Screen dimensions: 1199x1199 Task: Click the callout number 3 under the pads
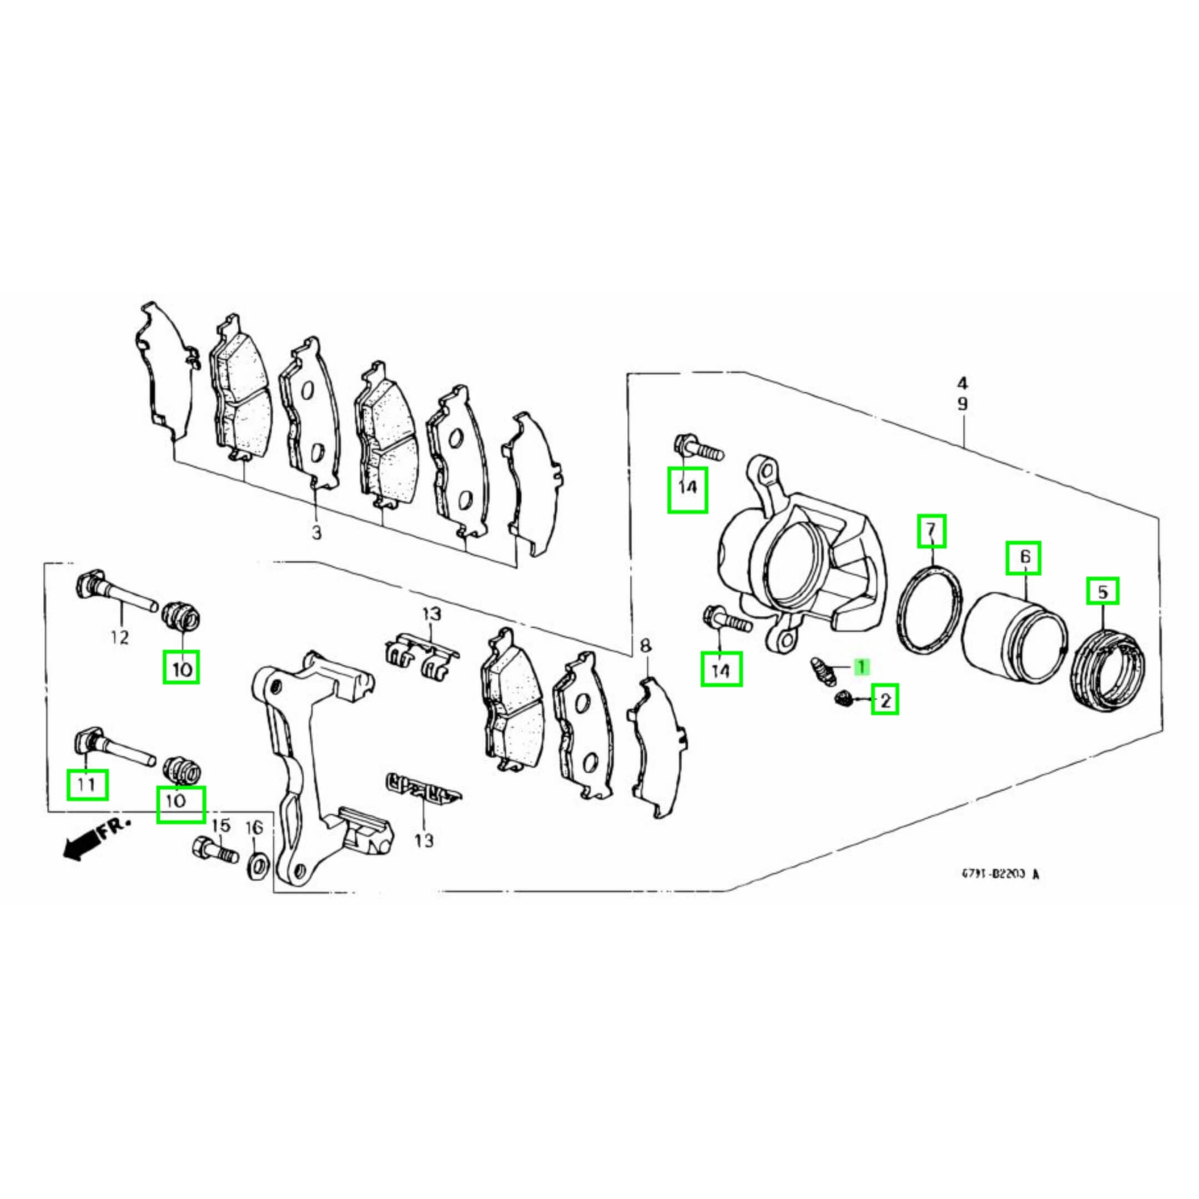pos(316,532)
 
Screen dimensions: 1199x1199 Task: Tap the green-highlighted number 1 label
pos(862,667)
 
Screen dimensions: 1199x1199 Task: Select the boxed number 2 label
pos(884,701)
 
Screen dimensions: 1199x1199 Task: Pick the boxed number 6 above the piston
pos(1024,557)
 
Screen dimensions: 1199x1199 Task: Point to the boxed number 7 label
pos(931,531)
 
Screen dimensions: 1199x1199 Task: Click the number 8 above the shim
pos(645,647)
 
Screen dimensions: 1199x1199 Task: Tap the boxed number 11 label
pos(87,785)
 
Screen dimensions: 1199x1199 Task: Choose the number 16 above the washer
pos(254,827)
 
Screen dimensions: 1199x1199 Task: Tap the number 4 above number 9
pos(962,383)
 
